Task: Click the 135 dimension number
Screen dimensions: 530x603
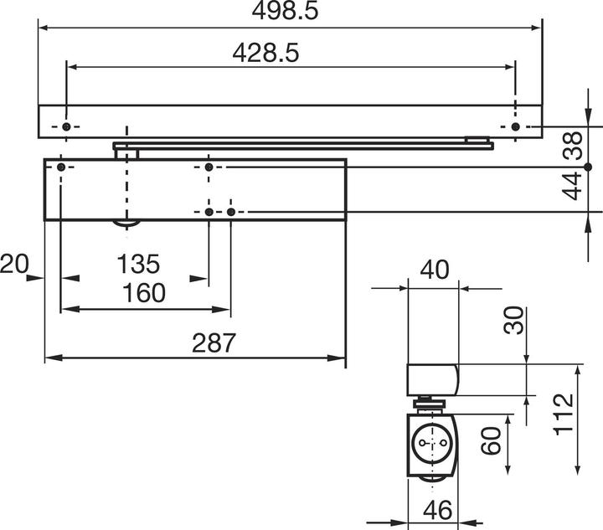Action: pos(137,265)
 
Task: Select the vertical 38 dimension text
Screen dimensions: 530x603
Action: pos(574,147)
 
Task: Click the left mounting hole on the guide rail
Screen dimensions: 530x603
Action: pos(66,126)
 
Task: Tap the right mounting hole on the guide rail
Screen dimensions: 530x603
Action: pos(515,126)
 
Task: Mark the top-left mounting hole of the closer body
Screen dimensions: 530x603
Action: pos(60,167)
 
